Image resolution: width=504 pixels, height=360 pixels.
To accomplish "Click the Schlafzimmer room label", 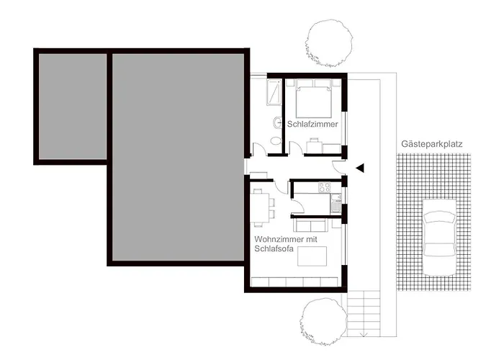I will pyautogui.click(x=312, y=124).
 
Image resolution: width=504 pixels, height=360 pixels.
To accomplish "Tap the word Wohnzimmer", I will pyautogui.click(x=276, y=238).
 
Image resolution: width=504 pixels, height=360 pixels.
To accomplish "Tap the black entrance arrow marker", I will pyautogui.click(x=361, y=168).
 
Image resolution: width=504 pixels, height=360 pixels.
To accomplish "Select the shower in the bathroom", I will pyautogui.click(x=275, y=92).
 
